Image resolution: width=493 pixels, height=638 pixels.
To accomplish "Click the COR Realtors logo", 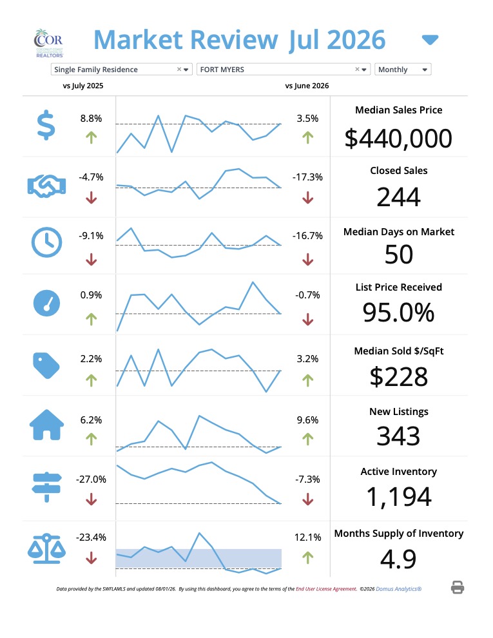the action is point(49,43).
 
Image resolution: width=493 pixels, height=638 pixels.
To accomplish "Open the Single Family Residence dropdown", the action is point(121,70).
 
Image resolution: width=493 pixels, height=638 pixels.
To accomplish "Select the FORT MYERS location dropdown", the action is point(283,70).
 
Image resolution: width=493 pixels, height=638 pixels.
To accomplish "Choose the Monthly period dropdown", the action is point(403,70).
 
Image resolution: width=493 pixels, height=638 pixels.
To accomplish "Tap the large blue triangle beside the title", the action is point(430,39).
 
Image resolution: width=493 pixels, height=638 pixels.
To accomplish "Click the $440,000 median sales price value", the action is point(398,138).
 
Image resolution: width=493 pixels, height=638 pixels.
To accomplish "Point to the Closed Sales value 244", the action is point(398,197).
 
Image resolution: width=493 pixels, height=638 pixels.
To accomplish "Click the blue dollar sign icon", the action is point(46,125).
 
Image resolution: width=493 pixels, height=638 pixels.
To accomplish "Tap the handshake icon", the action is point(46,186).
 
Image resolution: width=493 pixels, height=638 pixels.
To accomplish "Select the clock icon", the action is point(47,242).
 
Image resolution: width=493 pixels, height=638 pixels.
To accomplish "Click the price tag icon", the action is point(46,365).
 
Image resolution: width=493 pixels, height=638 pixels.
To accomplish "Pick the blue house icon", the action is point(47,425).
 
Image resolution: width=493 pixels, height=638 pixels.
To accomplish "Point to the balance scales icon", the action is point(46,548).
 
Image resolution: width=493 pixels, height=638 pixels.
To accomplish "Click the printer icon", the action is point(458,587).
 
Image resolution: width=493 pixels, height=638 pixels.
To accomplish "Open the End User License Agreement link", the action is point(326,589).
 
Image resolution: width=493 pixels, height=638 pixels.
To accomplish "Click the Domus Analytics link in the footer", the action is point(399,589).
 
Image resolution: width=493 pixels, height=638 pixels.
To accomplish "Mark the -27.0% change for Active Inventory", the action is point(91,479).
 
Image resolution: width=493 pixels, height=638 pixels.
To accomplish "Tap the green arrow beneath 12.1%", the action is point(308,557).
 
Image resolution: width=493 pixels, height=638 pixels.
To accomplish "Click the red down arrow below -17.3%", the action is point(308,198).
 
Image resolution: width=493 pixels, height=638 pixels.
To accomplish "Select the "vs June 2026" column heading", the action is point(307,86).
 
